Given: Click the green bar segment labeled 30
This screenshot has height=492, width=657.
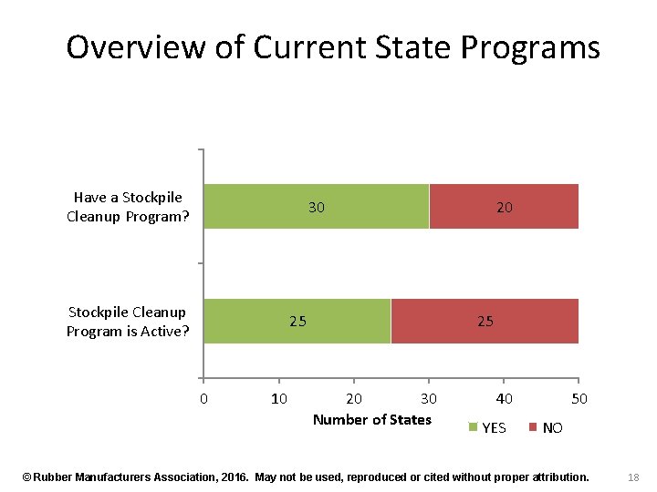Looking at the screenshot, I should point(316,206).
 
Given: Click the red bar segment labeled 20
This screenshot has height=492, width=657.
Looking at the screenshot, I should point(504,206).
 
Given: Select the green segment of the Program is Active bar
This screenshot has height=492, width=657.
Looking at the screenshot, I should point(297,321).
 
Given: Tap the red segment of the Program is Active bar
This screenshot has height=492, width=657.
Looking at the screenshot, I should point(485,321).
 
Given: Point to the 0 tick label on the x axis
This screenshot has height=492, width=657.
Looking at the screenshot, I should point(203,398).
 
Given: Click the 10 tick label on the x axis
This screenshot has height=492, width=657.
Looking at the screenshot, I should point(278,398).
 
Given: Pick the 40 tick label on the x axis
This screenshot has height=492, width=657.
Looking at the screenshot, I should point(504,398).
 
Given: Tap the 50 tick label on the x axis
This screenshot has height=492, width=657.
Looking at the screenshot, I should point(579,398).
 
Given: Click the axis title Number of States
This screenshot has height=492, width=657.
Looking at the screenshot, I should point(371,419).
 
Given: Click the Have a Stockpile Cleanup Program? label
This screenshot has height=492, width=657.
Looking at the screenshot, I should point(128,207).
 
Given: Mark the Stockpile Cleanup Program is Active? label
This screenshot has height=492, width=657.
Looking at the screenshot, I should point(128,322).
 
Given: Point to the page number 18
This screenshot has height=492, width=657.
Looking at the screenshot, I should point(634,477).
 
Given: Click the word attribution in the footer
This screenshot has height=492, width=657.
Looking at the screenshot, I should point(554,477).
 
